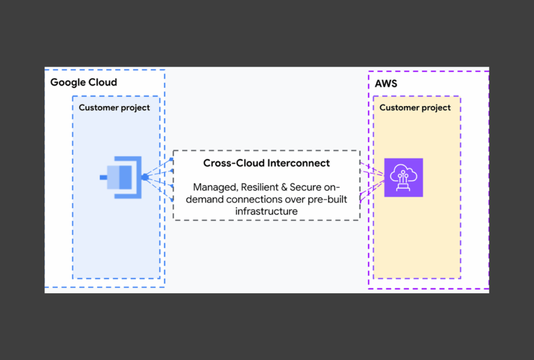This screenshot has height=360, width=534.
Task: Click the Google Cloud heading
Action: [83, 82]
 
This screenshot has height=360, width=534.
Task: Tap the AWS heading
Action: [386, 83]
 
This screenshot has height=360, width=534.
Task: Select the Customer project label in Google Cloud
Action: [114, 108]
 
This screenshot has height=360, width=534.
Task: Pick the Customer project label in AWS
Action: [415, 108]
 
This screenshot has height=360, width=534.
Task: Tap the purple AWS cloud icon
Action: [403, 177]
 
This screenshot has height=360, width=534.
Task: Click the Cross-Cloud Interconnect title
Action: [266, 163]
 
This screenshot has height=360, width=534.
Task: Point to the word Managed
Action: [215, 187]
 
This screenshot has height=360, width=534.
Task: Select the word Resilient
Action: [260, 187]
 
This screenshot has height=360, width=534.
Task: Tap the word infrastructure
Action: [266, 211]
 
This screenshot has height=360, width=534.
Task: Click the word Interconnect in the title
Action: [298, 163]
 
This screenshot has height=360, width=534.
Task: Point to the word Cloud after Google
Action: [102, 82]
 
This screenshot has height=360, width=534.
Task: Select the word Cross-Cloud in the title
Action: [234, 163]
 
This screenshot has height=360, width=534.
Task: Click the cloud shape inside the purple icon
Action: [403, 172]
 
